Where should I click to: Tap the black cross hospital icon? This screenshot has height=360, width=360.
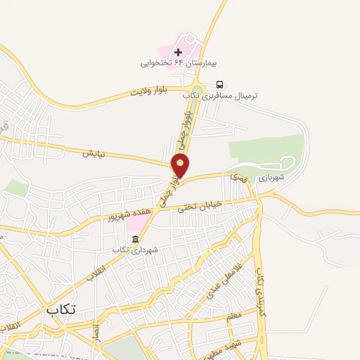pos(178,52)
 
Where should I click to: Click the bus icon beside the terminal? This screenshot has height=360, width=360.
pos(221,83)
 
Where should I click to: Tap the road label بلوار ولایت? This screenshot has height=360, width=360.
pos(156,91)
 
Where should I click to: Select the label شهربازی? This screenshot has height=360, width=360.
pos(271,179)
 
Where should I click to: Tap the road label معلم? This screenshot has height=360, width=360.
pos(234,316)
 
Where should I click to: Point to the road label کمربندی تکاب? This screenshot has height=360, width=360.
pos(262,288)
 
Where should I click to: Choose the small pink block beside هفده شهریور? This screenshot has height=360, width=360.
pos(134,222)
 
